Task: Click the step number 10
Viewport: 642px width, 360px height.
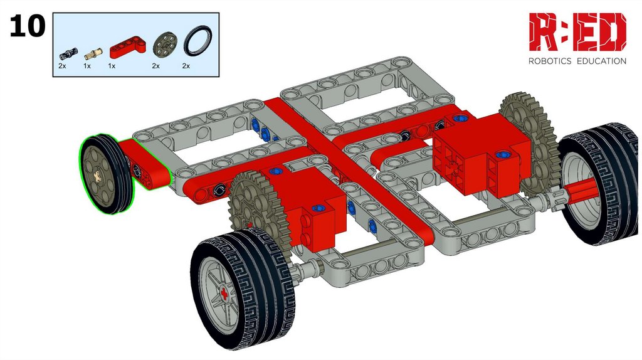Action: pyautogui.click(x=28, y=26)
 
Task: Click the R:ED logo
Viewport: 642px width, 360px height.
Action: pyautogui.click(x=577, y=32)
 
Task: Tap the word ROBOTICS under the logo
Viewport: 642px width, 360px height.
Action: pyautogui.click(x=550, y=61)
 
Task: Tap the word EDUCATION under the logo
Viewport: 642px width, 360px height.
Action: pyautogui.click(x=601, y=61)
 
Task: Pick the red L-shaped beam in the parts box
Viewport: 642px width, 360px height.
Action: pyautogui.click(x=128, y=48)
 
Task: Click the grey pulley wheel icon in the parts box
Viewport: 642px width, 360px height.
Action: pyautogui.click(x=166, y=45)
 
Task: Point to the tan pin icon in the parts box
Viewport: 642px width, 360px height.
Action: pyautogui.click(x=93, y=54)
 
